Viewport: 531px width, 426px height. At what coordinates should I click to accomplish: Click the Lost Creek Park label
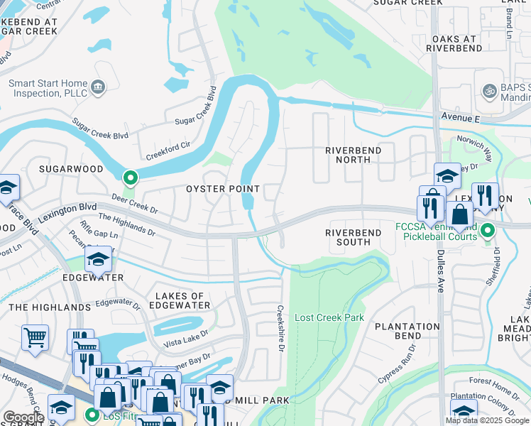pyautogui.click(x=329, y=317)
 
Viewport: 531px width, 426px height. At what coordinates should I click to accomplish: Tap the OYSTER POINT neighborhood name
pyautogui.click(x=223, y=189)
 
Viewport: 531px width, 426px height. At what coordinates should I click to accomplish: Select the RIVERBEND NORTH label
pyautogui.click(x=353, y=155)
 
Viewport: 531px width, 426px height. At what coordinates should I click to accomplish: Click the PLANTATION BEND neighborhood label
pyautogui.click(x=407, y=332)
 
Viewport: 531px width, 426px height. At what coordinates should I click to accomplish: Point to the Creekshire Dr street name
pyautogui.click(x=280, y=323)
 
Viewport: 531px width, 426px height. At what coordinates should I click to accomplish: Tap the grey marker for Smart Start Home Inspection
pyautogui.click(x=97, y=87)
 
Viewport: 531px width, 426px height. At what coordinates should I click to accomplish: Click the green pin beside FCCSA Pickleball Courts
pyautogui.click(x=488, y=230)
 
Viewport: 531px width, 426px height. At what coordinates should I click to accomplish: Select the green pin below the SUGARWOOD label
pyautogui.click(x=128, y=177)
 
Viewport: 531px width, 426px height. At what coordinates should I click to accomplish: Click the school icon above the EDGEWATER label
pyautogui.click(x=99, y=260)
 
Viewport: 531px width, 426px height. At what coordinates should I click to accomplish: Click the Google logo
pyautogui.click(x=23, y=418)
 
